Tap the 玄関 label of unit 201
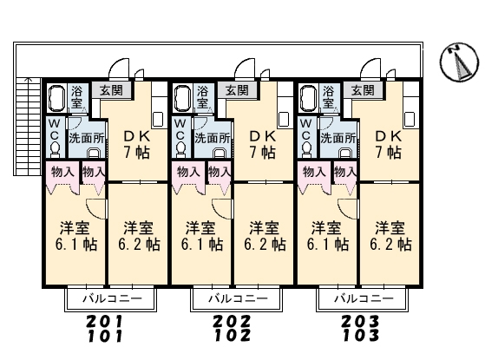point(111,90)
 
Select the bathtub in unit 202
point(181,98)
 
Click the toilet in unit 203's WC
point(306,148)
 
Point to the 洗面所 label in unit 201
point(87,138)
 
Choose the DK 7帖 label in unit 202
point(263,144)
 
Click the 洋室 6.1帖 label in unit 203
point(328,236)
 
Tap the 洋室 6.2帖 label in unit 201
point(139,236)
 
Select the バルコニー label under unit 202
point(238,298)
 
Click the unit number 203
point(360,321)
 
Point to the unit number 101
point(106,336)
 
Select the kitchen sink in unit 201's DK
point(158,119)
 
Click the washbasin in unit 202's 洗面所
point(220,154)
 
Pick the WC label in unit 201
point(55,129)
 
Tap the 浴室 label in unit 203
point(329,96)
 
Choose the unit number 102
point(233,336)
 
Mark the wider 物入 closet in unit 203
point(313,177)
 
